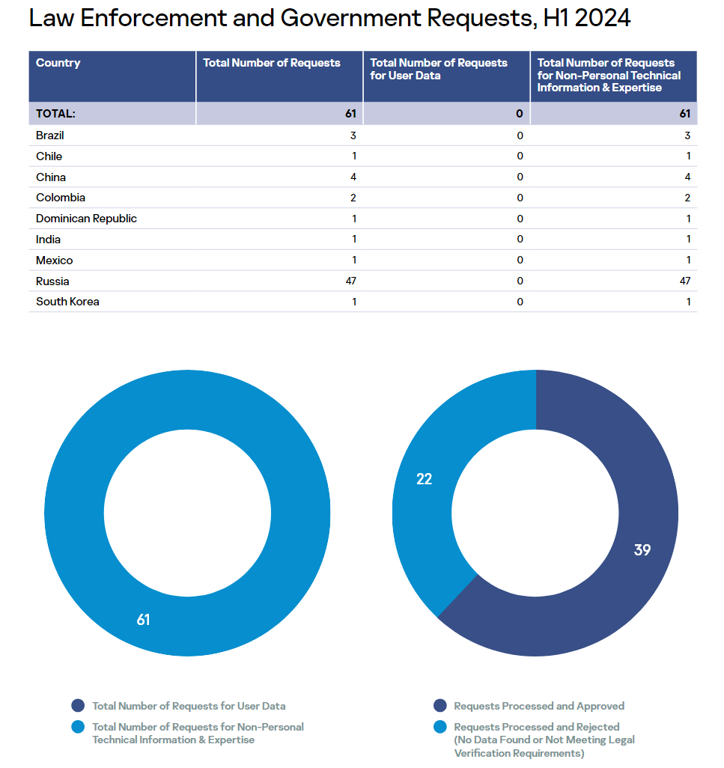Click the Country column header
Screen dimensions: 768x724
click(58, 64)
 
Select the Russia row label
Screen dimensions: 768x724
click(52, 281)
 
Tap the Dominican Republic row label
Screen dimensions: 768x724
click(86, 219)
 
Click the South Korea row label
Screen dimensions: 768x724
click(67, 302)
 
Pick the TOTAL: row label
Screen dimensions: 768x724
click(56, 114)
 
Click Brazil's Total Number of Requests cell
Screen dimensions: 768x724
click(353, 135)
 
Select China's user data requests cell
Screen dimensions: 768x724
click(520, 177)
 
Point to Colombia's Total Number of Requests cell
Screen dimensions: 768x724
click(353, 198)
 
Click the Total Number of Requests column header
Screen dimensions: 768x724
click(272, 64)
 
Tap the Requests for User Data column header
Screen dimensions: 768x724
click(439, 69)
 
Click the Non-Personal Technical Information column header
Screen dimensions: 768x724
click(609, 75)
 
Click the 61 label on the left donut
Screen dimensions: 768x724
click(143, 620)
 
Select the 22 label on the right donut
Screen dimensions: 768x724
click(425, 479)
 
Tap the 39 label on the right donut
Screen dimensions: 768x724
click(642, 550)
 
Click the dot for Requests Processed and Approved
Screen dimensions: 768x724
click(440, 706)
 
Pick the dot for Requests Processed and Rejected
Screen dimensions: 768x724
click(440, 727)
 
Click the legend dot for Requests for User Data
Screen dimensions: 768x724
click(78, 706)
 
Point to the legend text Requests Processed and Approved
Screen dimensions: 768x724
click(539, 706)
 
